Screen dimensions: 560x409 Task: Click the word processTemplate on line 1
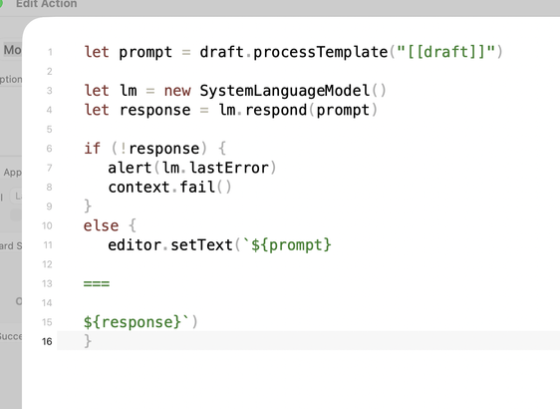point(321,53)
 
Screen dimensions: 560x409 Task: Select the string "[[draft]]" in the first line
point(445,52)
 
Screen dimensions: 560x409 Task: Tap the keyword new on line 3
point(177,91)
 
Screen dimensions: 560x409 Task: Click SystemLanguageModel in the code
point(285,91)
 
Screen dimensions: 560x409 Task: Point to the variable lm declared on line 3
point(129,91)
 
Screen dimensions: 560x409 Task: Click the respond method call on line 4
point(276,110)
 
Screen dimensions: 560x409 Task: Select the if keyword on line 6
point(92,148)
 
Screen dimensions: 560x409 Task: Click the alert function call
point(130,168)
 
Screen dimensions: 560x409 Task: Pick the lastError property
point(229,168)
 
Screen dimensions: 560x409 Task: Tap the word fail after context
point(197,187)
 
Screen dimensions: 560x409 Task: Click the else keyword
point(101,226)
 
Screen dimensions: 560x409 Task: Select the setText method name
point(202,245)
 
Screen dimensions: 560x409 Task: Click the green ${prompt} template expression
point(291,245)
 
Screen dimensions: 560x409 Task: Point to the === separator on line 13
point(97,284)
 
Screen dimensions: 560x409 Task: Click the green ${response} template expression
point(133,322)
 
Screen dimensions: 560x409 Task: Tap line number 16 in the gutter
point(47,341)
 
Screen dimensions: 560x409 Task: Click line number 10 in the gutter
point(47,225)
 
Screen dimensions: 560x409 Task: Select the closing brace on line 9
point(88,206)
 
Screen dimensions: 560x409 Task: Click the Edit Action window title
point(47,4)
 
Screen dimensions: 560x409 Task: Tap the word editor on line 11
point(135,245)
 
